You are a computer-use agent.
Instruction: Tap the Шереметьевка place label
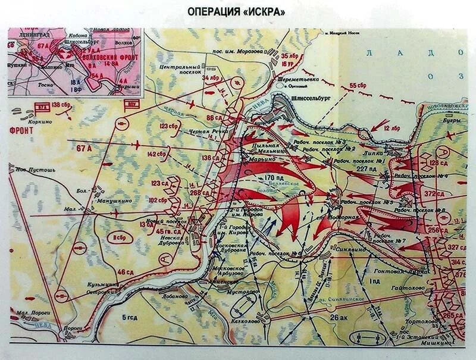click(290, 79)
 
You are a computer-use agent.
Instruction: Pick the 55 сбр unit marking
click(359, 86)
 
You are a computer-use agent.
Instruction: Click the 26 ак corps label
click(339, 318)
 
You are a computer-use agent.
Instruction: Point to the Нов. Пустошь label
click(35, 170)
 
